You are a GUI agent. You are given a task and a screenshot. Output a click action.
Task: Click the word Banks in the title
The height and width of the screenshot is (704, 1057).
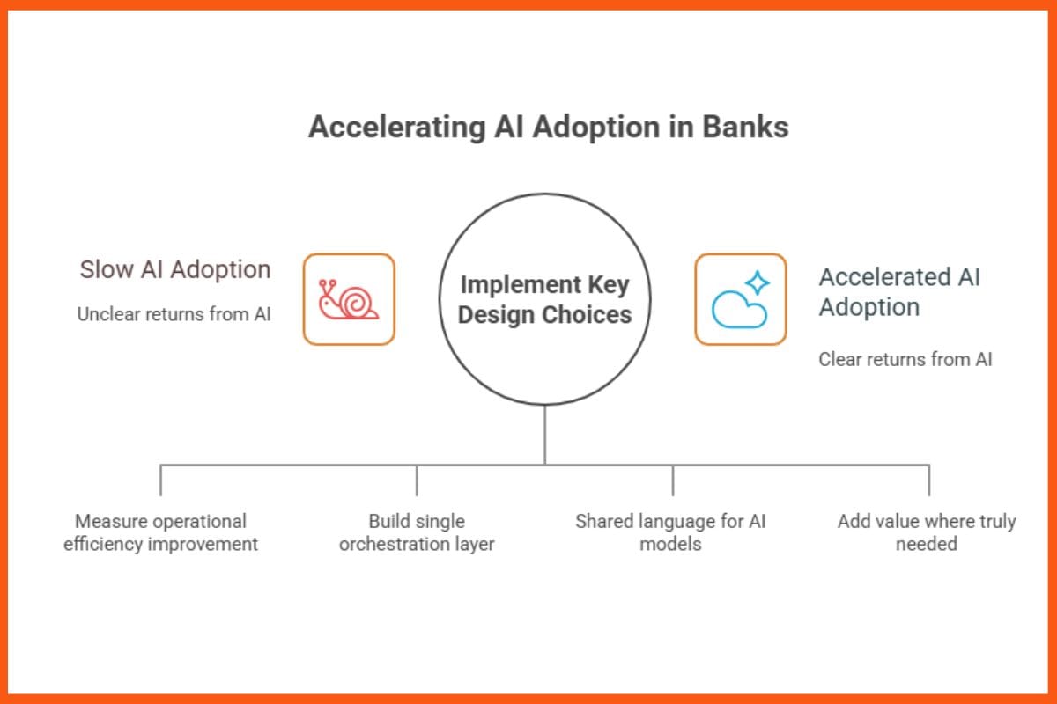744,128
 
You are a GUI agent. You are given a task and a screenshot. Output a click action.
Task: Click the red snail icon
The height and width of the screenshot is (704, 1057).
349,299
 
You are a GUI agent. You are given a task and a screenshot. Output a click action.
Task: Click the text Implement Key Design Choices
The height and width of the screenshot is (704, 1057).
544,300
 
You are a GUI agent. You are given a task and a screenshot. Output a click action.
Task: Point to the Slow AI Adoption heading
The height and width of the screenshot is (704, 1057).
175,269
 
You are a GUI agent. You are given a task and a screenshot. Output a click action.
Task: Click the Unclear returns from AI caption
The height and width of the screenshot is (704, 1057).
174,314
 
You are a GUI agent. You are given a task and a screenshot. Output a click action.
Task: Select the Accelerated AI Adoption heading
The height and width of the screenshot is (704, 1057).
898,292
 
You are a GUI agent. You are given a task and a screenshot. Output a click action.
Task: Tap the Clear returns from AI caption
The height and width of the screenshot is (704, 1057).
905,359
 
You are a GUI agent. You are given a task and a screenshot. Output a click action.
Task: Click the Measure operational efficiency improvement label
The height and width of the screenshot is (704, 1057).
160,532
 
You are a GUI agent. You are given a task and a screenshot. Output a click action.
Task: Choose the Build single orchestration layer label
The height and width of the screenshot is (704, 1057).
417,532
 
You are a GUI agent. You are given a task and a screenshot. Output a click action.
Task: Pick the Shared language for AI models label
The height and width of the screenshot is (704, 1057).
670,532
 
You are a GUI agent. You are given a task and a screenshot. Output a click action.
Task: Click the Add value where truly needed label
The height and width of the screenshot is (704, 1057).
927,532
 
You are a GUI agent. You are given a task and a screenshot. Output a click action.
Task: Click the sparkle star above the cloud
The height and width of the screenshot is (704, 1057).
757,283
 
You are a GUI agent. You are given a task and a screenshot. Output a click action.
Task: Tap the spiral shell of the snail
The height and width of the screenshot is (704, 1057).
358,303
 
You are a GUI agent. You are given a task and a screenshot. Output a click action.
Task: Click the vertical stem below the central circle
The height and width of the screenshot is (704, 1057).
544,435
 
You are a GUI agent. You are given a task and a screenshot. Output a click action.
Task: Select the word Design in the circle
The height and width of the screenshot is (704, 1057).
499,315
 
